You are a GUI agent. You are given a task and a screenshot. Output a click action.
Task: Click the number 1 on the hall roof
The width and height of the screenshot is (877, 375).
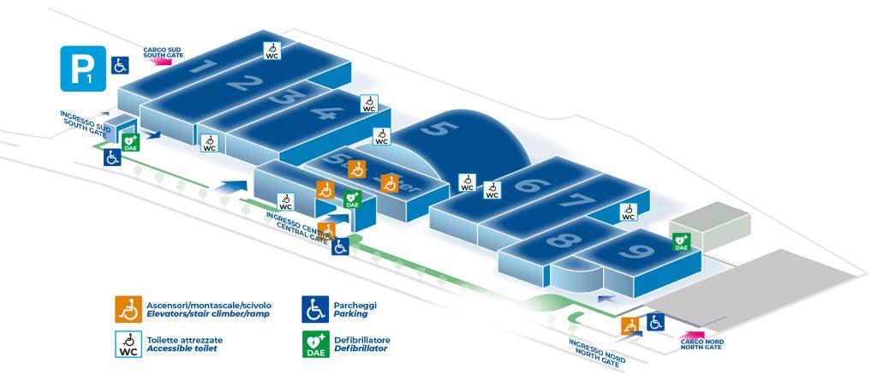(202, 66)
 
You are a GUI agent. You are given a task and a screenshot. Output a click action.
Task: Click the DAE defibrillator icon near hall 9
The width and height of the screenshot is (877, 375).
(681, 242)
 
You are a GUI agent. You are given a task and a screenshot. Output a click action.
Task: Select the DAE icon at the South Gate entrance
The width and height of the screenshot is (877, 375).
(130, 142)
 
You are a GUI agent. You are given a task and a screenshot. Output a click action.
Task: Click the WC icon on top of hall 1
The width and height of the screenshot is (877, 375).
(271, 51)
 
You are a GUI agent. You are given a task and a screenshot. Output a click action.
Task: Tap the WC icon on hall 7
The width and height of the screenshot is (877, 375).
(628, 212)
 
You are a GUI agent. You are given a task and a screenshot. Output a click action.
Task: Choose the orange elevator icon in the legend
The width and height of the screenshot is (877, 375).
(128, 307)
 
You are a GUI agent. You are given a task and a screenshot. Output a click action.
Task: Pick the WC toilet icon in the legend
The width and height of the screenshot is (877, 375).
(128, 343)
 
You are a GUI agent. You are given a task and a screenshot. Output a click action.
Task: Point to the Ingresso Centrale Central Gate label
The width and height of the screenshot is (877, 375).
(296, 229)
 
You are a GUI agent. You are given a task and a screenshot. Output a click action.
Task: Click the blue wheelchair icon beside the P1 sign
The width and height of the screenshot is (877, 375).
(120, 64)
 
